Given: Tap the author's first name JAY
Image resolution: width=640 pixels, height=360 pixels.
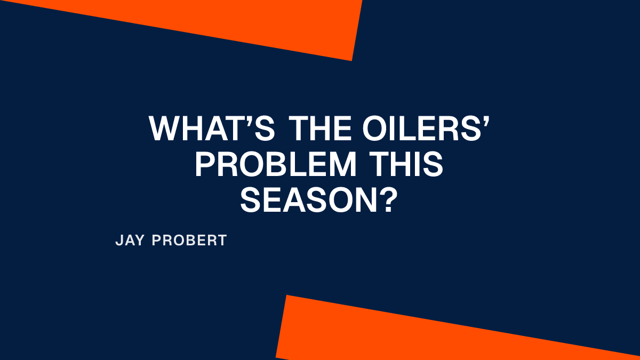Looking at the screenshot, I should pyautogui.click(x=130, y=241).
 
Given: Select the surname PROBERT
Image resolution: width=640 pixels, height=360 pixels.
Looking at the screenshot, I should pyautogui.click(x=189, y=241).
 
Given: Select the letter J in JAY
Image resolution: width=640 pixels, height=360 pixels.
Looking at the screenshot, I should pyautogui.click(x=118, y=241).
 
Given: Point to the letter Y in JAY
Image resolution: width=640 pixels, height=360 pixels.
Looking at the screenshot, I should pyautogui.click(x=140, y=241).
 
